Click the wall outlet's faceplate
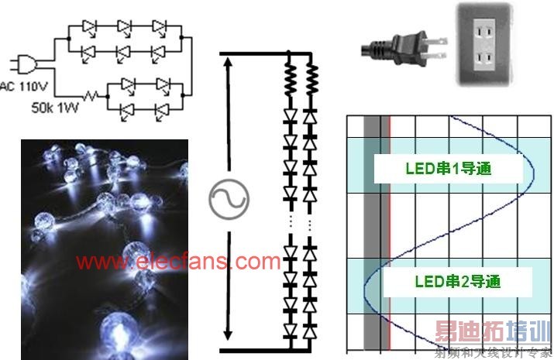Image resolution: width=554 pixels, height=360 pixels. (481, 45)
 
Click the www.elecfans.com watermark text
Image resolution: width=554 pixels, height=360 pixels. (178, 261)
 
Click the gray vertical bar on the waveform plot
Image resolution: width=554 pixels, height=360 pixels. (372, 232)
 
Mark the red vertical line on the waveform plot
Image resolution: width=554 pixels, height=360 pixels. (390, 232)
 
